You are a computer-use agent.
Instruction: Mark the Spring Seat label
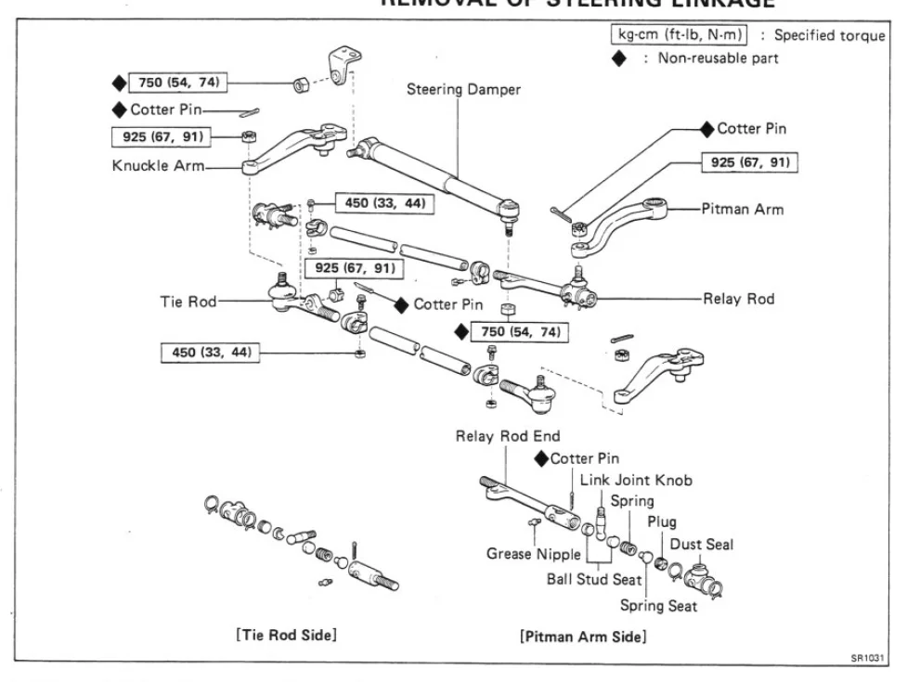coord(658,607)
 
